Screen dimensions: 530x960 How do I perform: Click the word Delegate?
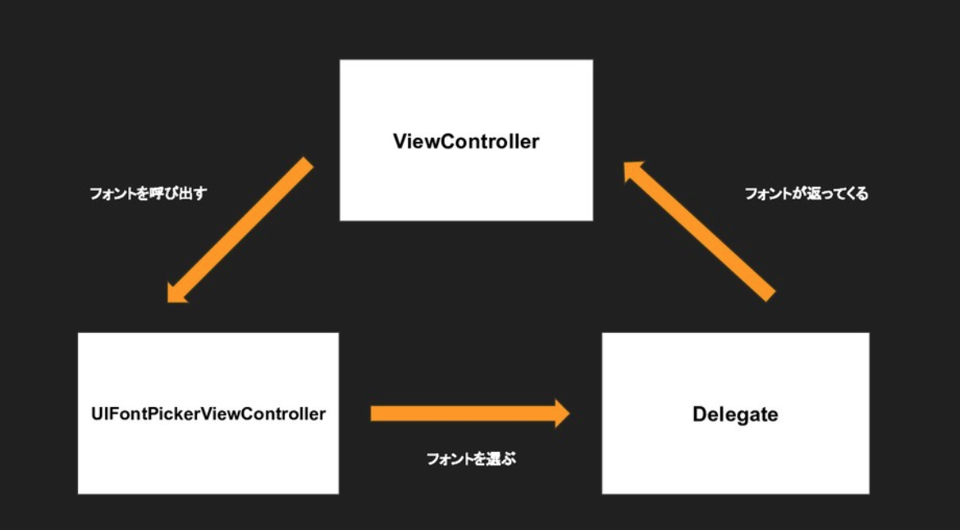pyautogui.click(x=735, y=414)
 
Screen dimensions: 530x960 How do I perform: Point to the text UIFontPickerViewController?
pyautogui.click(x=208, y=413)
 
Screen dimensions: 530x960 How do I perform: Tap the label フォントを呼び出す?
pyautogui.click(x=148, y=195)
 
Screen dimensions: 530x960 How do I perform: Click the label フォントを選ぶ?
pyautogui.click(x=471, y=459)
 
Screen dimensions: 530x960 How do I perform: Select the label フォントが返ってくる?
pyautogui.click(x=806, y=194)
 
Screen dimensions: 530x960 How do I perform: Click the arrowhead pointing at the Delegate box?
pyautogui.click(x=561, y=413)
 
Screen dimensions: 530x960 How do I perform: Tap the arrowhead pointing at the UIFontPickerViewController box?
pyautogui.click(x=176, y=292)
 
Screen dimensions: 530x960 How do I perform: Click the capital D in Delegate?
pyautogui.click(x=699, y=414)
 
